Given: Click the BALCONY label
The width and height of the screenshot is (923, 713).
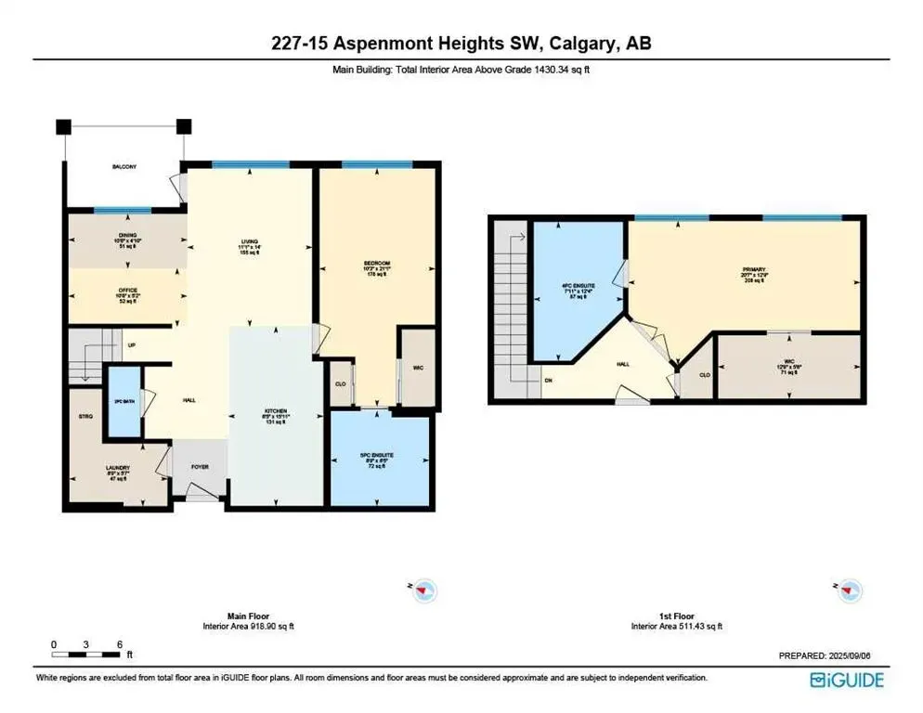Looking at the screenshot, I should pyautogui.click(x=124, y=166).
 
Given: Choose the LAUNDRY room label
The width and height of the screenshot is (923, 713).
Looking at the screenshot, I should pyautogui.click(x=117, y=468).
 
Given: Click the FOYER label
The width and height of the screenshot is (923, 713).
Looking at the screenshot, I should pyautogui.click(x=201, y=468).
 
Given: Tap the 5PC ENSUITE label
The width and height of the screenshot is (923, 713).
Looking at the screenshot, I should pyautogui.click(x=377, y=455).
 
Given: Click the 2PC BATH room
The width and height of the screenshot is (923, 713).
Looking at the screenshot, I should pyautogui.click(x=120, y=402).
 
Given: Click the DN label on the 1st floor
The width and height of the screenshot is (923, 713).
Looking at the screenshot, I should pyautogui.click(x=550, y=380).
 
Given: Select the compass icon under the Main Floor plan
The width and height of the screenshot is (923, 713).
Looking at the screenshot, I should pyautogui.click(x=424, y=589).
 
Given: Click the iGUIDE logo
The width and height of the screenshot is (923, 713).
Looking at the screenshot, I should pyautogui.click(x=847, y=679).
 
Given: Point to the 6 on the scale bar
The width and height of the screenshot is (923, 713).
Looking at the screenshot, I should pyautogui.click(x=120, y=643).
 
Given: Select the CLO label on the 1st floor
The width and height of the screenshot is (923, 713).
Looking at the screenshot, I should pyautogui.click(x=704, y=375).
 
